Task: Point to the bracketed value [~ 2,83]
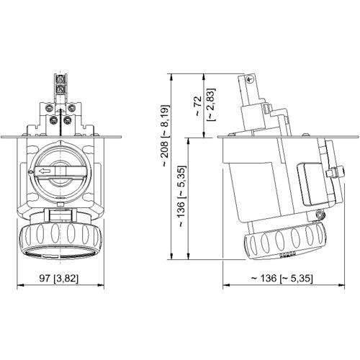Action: [x=210, y=104]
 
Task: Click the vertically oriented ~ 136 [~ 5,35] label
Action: [x=180, y=200]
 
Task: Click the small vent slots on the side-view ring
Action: [x=285, y=254]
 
